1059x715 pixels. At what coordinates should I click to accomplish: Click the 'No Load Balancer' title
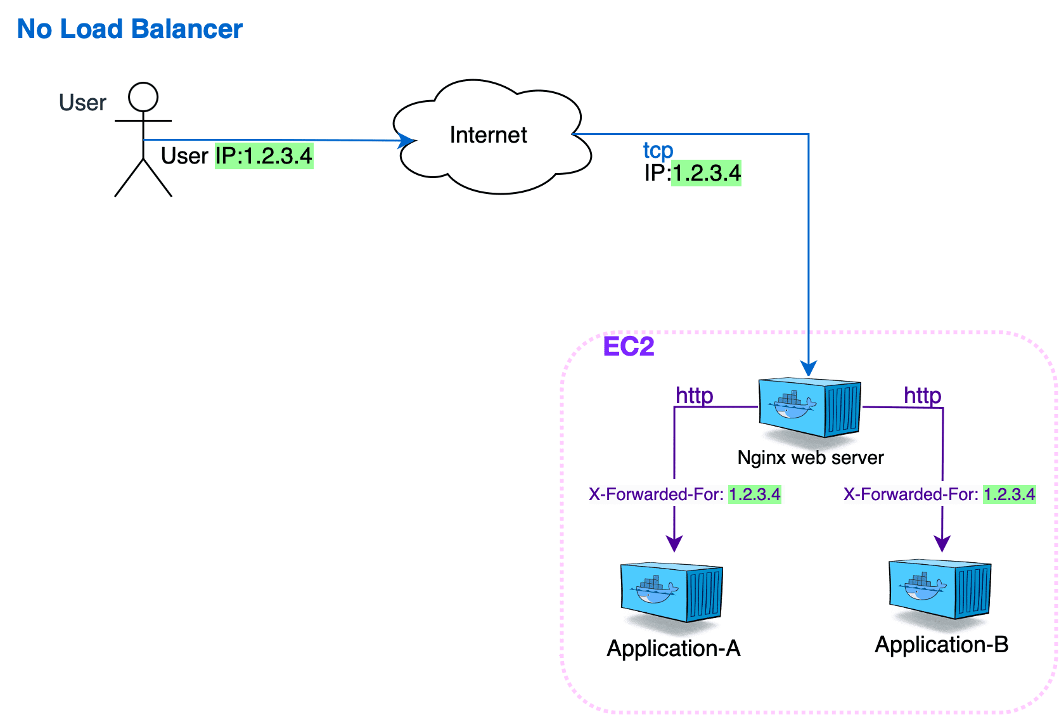pyautogui.click(x=130, y=29)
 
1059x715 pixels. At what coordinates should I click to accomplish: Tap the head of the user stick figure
pyautogui.click(x=143, y=98)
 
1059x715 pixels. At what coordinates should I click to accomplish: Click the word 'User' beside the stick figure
pyautogui.click(x=82, y=103)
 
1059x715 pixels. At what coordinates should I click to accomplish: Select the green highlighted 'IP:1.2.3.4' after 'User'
pyautogui.click(x=264, y=156)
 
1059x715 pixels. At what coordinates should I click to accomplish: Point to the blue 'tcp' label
pyautogui.click(x=658, y=150)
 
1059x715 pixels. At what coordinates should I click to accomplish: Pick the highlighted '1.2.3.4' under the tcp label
pyautogui.click(x=706, y=173)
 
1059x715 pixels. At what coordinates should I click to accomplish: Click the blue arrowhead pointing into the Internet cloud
pyautogui.click(x=406, y=141)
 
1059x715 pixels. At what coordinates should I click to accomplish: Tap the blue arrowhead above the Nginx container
pyautogui.click(x=808, y=368)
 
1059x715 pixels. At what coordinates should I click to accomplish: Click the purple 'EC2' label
pyautogui.click(x=628, y=347)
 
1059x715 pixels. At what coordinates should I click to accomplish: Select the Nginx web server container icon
pyautogui.click(x=809, y=408)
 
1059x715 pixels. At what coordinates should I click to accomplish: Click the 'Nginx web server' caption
pyautogui.click(x=810, y=458)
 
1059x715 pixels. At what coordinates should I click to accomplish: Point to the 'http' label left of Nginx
pyautogui.click(x=694, y=396)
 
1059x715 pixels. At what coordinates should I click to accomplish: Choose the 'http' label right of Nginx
pyautogui.click(x=922, y=396)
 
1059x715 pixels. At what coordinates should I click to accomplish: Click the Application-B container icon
pyautogui.click(x=939, y=589)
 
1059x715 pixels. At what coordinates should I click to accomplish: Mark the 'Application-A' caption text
pyautogui.click(x=673, y=648)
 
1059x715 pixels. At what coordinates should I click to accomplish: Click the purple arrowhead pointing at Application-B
pyautogui.click(x=942, y=543)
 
